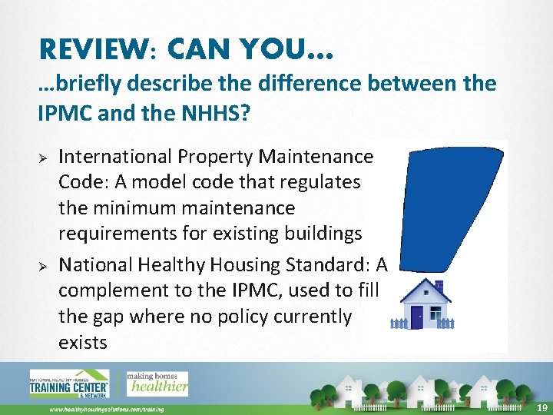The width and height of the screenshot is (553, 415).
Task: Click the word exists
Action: (82, 342)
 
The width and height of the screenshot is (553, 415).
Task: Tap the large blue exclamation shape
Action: (437, 207)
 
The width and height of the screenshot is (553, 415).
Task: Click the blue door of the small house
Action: (417, 316)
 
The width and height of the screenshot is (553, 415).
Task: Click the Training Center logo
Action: (69, 383)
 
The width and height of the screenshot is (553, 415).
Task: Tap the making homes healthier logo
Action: (157, 382)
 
